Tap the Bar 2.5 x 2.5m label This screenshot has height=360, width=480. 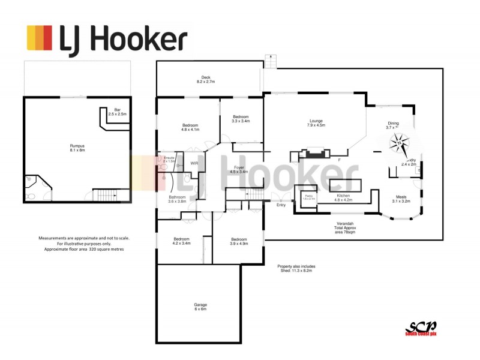click(x=117, y=112)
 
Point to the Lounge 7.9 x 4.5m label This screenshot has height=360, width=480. click(x=316, y=122)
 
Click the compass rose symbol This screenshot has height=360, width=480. click(x=399, y=144)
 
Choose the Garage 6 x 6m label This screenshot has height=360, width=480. click(x=200, y=307)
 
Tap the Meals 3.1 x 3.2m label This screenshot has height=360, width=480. click(x=401, y=199)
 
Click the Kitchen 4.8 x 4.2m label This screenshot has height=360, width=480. click(x=343, y=198)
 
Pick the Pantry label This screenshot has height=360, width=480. click(x=310, y=197)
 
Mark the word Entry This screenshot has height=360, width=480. click(x=281, y=205)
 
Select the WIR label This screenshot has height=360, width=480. click(x=194, y=163)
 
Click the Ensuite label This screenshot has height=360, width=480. click(x=169, y=160)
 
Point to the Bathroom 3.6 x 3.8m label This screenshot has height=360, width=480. click(x=177, y=199)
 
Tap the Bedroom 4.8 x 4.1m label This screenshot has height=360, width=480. click(x=190, y=127)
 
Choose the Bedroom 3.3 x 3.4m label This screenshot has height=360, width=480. click(x=241, y=118)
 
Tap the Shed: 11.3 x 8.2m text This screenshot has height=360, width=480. click(x=296, y=268)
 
